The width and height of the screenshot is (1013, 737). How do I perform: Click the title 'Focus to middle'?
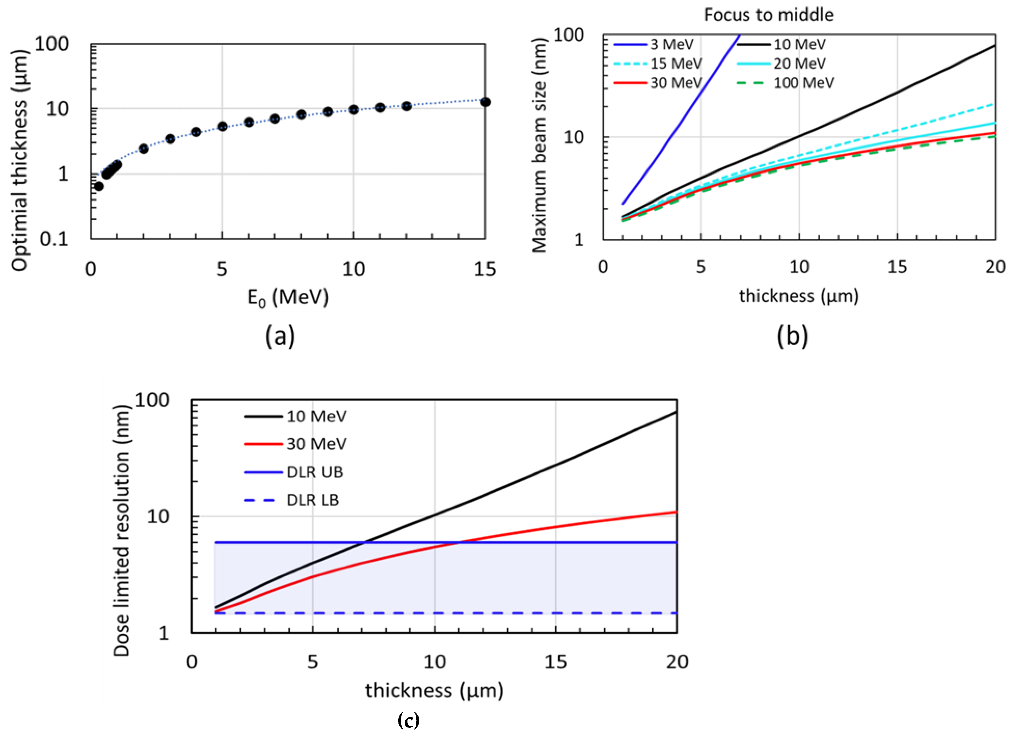768,15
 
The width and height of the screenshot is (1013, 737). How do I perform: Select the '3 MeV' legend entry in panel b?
671,44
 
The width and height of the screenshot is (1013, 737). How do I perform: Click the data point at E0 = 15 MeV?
485,102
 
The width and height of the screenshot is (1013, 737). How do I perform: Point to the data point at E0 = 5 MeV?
222,127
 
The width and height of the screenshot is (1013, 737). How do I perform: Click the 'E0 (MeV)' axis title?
288,297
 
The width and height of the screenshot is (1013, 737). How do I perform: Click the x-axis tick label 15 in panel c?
555,662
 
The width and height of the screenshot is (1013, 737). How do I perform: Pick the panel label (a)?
280,336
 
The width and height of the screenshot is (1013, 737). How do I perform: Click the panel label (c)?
408,720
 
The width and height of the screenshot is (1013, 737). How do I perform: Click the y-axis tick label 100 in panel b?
568,35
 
